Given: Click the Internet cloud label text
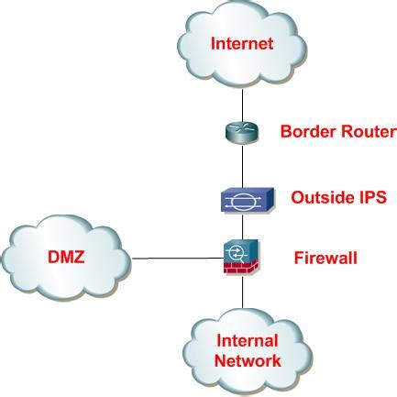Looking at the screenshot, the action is pyautogui.click(x=242, y=43).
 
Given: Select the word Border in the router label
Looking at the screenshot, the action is pyautogui.click(x=308, y=131).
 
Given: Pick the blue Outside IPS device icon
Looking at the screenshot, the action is pyautogui.click(x=248, y=200).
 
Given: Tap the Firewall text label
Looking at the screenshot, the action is pyautogui.click(x=325, y=258).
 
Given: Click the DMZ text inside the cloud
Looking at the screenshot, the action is pyautogui.click(x=66, y=257).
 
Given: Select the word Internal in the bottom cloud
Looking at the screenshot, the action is pyautogui.click(x=248, y=340).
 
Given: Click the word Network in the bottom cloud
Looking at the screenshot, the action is pyautogui.click(x=248, y=360).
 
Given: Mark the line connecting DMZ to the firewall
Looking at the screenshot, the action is pyautogui.click(x=178, y=259).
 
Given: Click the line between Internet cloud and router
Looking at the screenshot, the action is pyautogui.click(x=243, y=105).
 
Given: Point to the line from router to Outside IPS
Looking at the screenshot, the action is pyautogui.click(x=243, y=167).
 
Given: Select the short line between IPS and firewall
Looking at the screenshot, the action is pyautogui.click(x=243, y=226).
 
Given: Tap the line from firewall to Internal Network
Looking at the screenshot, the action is pyautogui.click(x=243, y=292).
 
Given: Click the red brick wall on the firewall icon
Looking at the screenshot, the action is pyautogui.click(x=241, y=268).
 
